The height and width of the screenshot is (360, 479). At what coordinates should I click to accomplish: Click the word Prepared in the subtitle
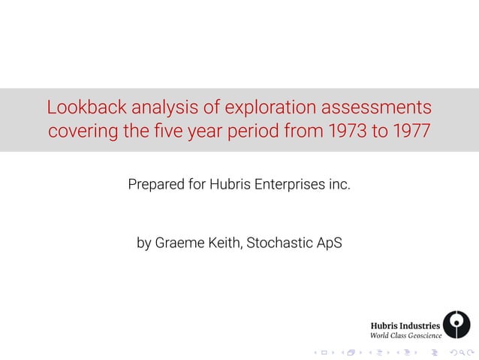[x=155, y=183]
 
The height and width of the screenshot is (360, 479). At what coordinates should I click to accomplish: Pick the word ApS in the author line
[x=329, y=243]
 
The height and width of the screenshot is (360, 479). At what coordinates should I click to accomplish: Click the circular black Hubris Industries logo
[x=456, y=325]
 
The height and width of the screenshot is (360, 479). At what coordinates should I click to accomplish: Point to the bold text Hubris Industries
[x=405, y=325]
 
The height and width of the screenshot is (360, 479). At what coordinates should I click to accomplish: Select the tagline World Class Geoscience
[x=406, y=335]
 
